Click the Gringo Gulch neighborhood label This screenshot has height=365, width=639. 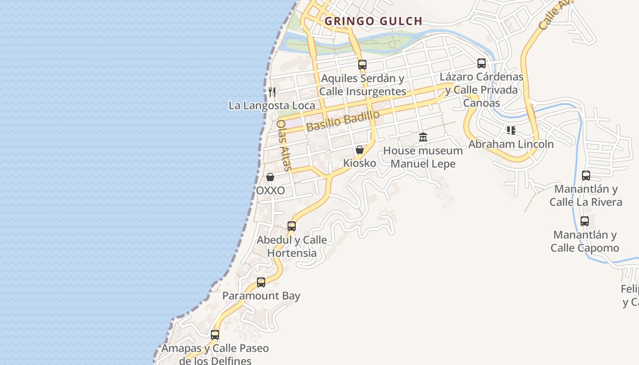(x=373, y=21)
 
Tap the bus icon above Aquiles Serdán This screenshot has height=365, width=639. (x=362, y=65)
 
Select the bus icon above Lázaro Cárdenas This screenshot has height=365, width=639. (x=482, y=63)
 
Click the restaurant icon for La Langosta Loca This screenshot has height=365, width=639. (x=272, y=92)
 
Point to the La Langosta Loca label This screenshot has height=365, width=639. (x=272, y=105)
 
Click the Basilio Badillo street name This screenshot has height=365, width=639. (x=343, y=120)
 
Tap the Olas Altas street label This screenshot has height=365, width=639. (x=283, y=145)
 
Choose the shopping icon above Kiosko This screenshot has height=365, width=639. (x=360, y=150)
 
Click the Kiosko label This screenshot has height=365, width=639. (x=360, y=163)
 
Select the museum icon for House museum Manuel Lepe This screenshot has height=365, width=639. (x=423, y=137)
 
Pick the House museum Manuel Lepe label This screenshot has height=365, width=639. (x=423, y=157)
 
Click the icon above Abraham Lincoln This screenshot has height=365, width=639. (x=511, y=130)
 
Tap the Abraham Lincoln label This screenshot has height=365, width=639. (x=511, y=144)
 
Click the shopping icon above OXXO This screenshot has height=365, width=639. (x=270, y=177)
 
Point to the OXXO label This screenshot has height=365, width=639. (x=270, y=190)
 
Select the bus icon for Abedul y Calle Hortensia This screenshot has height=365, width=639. (x=292, y=226)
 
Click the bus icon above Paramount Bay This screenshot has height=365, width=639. (x=261, y=282)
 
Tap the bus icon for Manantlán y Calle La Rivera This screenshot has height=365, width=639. (x=586, y=175)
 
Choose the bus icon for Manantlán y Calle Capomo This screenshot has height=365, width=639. (x=585, y=221)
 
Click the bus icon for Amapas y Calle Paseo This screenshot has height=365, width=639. (x=215, y=335)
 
